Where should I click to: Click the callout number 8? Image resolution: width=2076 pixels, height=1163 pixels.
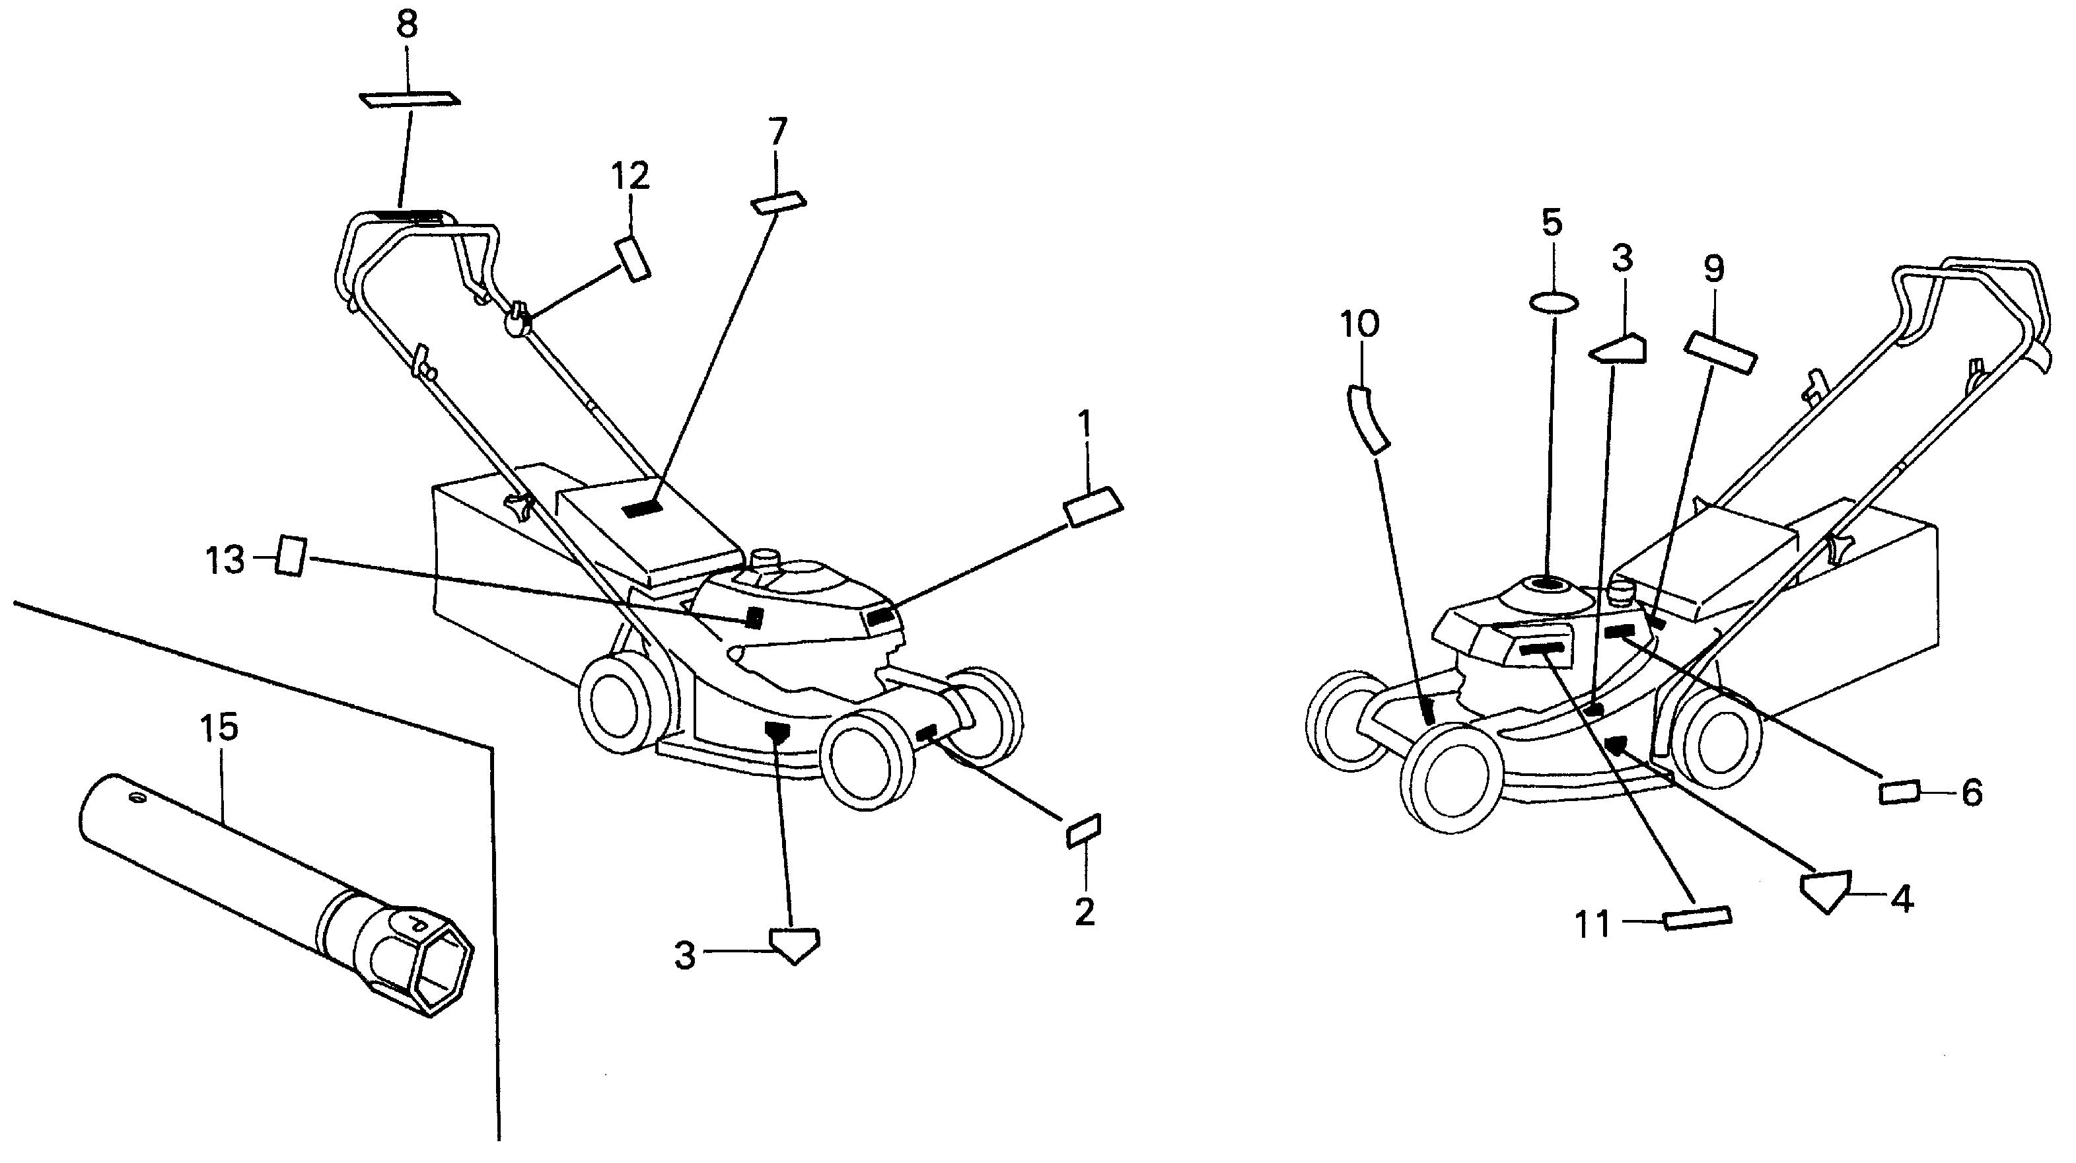[407, 26]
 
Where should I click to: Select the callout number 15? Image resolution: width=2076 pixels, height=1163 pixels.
[219, 728]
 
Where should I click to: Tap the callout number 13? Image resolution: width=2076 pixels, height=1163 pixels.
[225, 560]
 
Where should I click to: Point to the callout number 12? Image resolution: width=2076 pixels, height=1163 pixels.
[630, 176]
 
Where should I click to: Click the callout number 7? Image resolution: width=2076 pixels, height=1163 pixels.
[777, 132]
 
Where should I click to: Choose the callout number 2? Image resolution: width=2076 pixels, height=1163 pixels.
[1085, 911]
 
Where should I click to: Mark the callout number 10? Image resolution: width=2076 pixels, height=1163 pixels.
[1359, 324]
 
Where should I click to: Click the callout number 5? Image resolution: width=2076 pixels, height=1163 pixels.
[1552, 223]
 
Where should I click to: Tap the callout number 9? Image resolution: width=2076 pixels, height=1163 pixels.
[1713, 269]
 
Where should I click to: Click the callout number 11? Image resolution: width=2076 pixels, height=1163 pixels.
[1593, 925]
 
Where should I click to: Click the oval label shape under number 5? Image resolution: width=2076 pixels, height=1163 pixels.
[1553, 303]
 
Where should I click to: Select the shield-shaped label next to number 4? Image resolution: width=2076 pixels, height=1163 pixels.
[1826, 890]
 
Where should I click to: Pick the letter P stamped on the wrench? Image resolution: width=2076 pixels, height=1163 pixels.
[417, 922]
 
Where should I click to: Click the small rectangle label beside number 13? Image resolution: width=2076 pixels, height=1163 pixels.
[289, 556]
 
